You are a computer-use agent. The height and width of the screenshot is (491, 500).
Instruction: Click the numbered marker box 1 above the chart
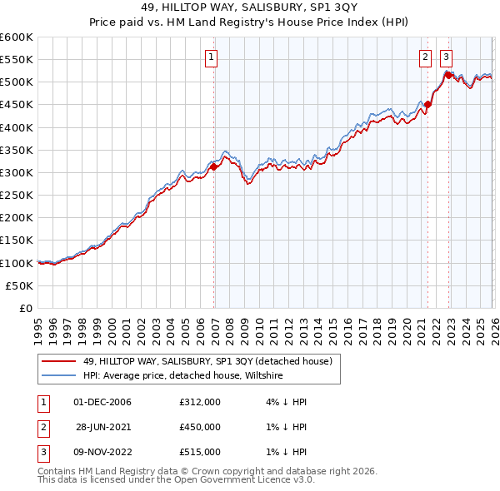click(212, 57)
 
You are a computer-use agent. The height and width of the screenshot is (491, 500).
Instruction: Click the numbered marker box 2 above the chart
click(425, 57)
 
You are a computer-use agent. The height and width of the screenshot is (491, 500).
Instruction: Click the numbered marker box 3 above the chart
click(446, 57)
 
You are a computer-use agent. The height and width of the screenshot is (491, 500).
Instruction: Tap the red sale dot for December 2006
click(213, 167)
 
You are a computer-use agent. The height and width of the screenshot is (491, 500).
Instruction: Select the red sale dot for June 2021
click(428, 105)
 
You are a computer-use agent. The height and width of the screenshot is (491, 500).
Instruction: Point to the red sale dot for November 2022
click(448, 76)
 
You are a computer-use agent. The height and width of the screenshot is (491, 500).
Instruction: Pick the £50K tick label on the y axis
click(20, 285)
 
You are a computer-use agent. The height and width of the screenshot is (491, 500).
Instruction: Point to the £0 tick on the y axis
click(27, 308)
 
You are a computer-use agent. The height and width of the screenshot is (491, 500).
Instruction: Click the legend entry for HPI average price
click(183, 376)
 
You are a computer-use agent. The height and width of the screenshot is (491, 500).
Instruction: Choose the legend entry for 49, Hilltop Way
click(207, 361)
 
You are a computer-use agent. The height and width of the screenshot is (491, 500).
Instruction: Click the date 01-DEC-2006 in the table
click(102, 402)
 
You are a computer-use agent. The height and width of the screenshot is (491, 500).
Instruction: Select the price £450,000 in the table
click(200, 427)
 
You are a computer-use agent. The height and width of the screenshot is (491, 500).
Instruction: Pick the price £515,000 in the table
click(200, 452)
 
